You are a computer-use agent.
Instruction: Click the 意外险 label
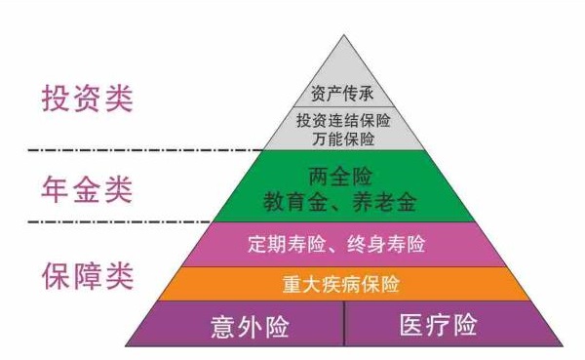[x=251, y=325]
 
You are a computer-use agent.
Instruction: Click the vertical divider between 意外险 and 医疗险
[x=344, y=324]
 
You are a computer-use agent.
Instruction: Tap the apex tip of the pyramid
[x=344, y=36]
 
